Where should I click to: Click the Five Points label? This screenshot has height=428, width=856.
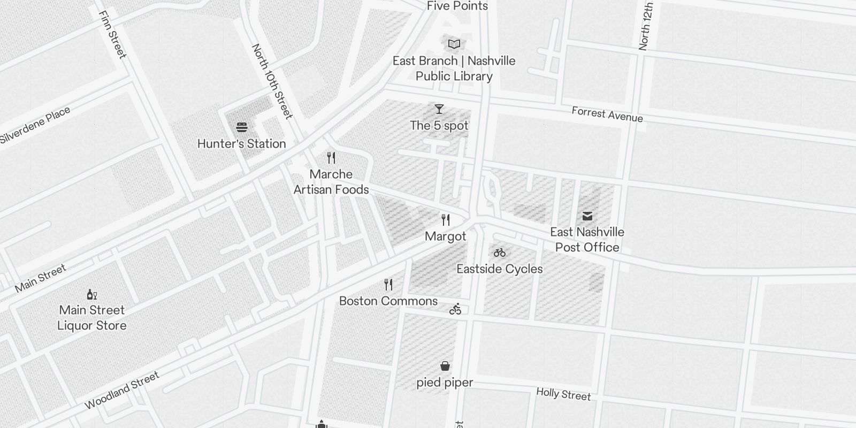pos(457,6)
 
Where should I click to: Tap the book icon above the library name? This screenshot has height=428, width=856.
pos(454,44)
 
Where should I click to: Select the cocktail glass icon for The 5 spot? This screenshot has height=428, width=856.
pos(439,109)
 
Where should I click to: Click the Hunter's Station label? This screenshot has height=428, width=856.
pos(242,143)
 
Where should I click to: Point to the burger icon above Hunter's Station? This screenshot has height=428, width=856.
pos(242,127)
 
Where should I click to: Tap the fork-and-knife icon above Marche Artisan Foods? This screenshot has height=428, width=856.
pos(331,158)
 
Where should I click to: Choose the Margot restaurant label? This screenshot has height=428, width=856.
pos(446,236)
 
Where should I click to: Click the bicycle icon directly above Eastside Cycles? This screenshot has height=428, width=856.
pos(500,253)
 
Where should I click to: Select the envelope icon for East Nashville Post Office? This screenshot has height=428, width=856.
pos(587,216)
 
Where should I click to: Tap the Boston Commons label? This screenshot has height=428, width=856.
pos(388,301)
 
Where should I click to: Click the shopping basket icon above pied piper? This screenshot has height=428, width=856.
pos(445,366)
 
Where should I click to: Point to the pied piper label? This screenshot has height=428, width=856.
pos(445,383)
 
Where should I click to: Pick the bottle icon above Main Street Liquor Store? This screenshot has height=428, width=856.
pos(92,294)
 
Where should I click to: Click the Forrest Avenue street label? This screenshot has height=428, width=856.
pos(607,114)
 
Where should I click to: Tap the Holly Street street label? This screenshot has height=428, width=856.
pos(563,394)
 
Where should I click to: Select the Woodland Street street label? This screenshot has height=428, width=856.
pos(122,391)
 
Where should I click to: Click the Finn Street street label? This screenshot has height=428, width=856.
pos(113,34)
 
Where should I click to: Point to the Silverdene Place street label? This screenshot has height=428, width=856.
pos(35,125)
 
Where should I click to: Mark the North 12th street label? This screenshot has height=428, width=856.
pos(646,26)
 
